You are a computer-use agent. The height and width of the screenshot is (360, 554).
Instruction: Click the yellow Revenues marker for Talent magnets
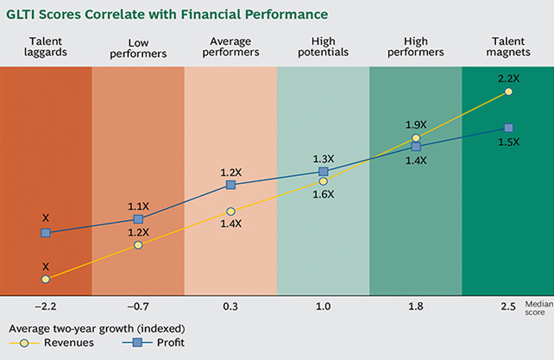[508, 91]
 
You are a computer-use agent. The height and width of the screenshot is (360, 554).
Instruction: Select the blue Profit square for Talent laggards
[46, 233]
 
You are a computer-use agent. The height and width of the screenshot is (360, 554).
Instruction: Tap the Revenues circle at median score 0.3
[230, 212]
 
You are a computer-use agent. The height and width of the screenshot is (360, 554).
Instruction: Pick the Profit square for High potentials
[324, 172]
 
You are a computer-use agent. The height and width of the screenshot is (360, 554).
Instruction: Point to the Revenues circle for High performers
[416, 138]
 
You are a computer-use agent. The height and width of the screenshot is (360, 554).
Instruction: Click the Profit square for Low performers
[138, 219]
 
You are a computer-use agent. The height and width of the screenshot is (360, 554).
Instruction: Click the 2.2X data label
[508, 78]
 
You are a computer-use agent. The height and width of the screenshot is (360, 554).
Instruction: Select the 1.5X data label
[508, 142]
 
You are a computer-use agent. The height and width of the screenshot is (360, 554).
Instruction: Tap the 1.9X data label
[416, 124]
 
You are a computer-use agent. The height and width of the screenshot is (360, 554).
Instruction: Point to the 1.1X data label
[138, 206]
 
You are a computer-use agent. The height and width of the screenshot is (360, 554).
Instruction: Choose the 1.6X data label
[324, 194]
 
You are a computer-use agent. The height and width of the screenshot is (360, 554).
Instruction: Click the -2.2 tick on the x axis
[46, 306]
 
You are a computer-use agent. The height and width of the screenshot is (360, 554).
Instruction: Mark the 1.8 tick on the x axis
[416, 306]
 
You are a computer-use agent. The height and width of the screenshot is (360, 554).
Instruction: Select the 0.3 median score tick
[230, 306]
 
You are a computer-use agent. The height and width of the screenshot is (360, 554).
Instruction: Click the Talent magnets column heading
[508, 46]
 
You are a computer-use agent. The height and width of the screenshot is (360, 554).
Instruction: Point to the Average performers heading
[230, 46]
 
